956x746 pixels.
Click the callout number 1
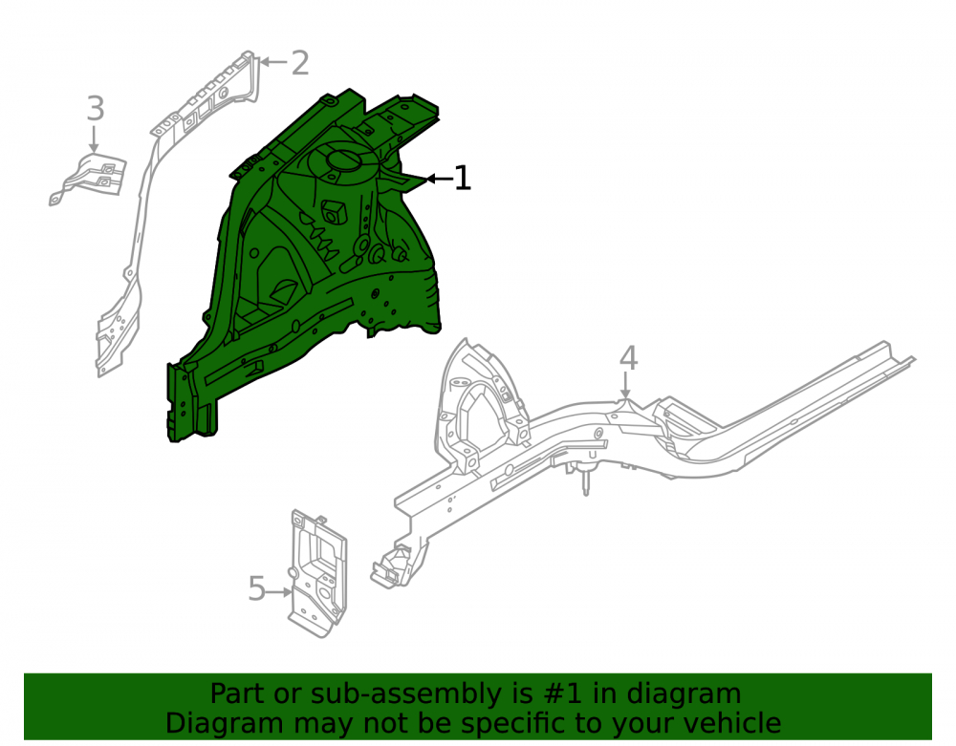[463, 178]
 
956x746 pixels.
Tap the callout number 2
[300, 63]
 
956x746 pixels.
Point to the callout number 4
[629, 358]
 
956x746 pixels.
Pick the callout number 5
[256, 589]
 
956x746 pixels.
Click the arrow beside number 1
[439, 179]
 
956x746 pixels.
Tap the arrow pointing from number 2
[273, 62]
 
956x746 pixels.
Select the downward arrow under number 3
[94, 139]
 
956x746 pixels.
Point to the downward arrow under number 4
[625, 386]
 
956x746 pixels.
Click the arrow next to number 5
[280, 591]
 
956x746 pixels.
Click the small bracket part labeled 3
[88, 179]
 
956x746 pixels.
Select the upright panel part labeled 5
[317, 574]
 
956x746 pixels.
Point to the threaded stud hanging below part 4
[586, 481]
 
